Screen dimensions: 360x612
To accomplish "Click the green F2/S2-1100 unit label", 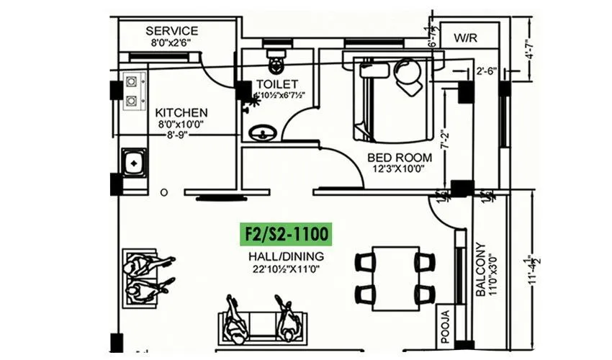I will click(x=286, y=235).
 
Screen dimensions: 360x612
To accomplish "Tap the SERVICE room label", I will click(x=171, y=31).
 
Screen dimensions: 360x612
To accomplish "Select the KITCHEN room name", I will click(x=182, y=113).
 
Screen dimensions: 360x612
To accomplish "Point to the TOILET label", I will click(x=276, y=84).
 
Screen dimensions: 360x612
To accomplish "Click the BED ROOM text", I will click(x=400, y=157).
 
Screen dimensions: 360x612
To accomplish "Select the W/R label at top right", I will click(x=465, y=37).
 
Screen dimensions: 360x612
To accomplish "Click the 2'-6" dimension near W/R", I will click(x=487, y=71).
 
